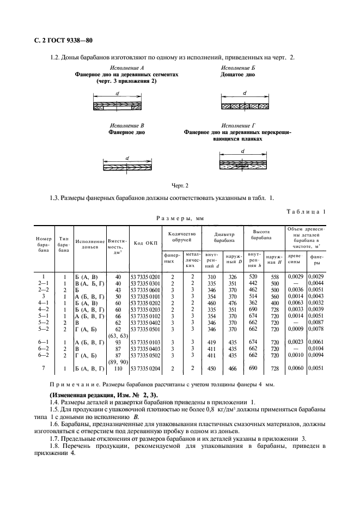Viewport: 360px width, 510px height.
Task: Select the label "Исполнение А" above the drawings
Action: (126, 67)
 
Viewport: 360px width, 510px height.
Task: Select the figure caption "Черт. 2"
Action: (180, 186)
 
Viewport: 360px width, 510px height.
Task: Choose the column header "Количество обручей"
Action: (182, 237)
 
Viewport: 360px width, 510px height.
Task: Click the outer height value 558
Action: (275, 277)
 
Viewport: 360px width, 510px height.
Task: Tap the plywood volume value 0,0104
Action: (317, 348)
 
